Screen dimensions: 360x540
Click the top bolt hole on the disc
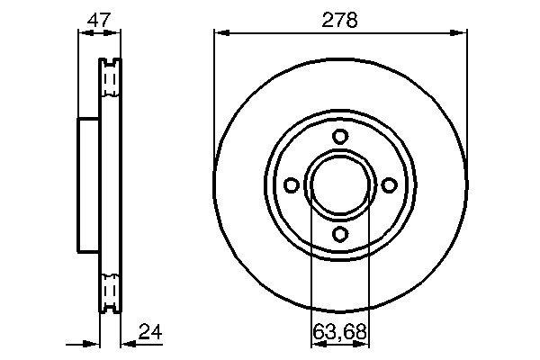click(x=340, y=137)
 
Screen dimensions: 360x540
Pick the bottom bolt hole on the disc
click(x=340, y=234)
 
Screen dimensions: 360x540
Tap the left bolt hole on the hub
click(x=291, y=185)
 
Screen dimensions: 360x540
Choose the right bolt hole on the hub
click(x=390, y=185)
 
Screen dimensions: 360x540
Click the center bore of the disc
click(x=340, y=185)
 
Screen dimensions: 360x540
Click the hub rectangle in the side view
click(x=88, y=185)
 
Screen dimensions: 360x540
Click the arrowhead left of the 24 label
click(x=126, y=343)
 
